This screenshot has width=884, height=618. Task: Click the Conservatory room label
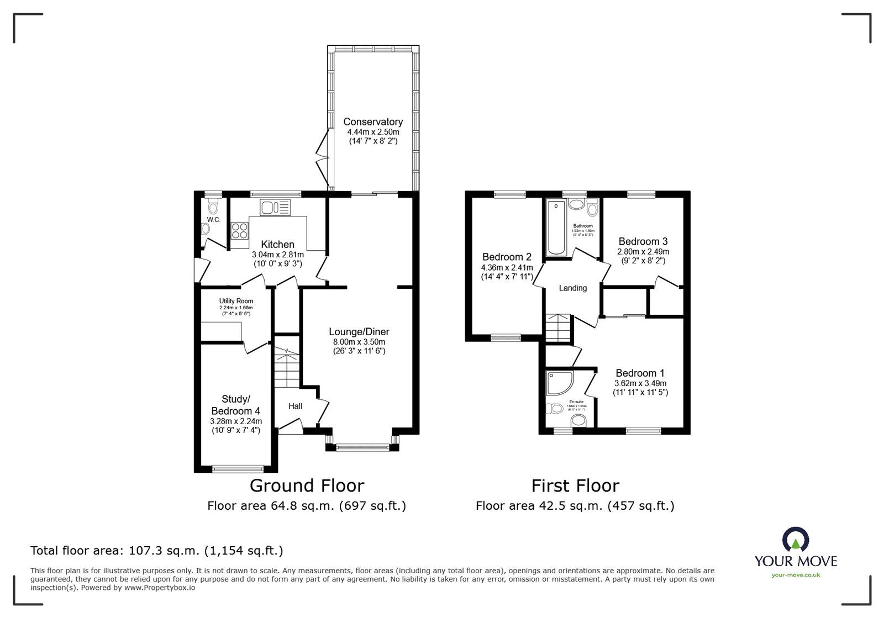tap(373, 122)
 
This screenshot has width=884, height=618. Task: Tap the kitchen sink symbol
tap(275, 208)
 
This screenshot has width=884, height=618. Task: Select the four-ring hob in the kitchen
tap(240, 230)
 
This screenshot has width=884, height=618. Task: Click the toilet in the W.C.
tap(213, 207)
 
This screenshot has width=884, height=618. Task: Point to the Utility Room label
tap(236, 301)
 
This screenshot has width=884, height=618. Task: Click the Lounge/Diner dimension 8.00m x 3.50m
tap(359, 342)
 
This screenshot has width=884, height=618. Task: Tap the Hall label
tap(295, 406)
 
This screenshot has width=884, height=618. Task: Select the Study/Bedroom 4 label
tap(236, 405)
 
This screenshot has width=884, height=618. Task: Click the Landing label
tap(572, 288)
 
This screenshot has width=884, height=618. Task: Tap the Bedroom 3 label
tap(643, 241)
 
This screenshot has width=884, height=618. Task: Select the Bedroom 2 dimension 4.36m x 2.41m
tap(506, 267)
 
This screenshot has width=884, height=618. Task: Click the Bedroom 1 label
tap(640, 373)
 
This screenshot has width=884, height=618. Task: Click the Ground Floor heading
tap(307, 485)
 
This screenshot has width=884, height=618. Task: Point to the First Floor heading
tap(575, 485)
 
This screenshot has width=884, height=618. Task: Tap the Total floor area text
tap(157, 550)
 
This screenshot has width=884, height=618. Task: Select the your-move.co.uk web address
tap(796, 575)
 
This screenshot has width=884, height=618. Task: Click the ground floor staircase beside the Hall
tap(287, 367)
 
